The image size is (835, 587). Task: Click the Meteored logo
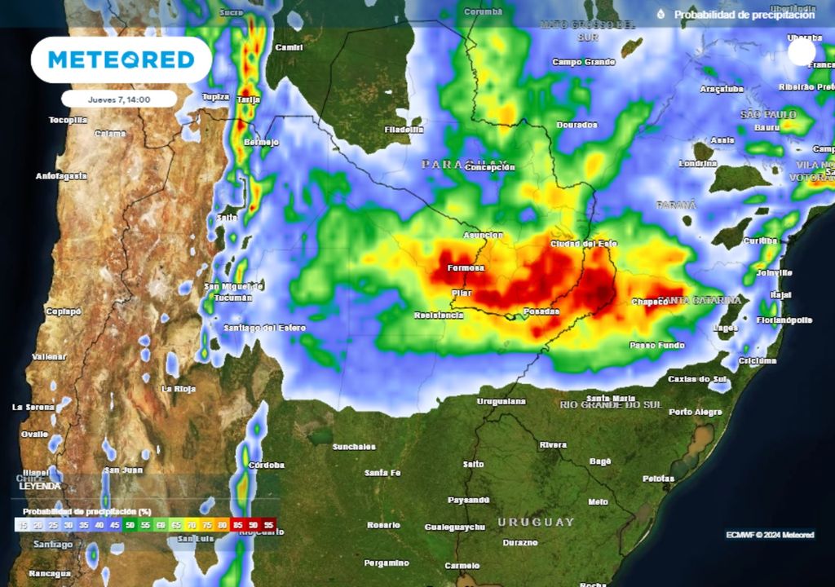pyautogui.click(x=121, y=60)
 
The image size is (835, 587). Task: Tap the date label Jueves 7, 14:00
pyautogui.click(x=119, y=99)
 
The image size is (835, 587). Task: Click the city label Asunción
pyautogui.click(x=484, y=236)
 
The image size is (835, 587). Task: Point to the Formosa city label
pyautogui.click(x=466, y=267)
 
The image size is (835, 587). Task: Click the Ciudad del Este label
pyautogui.click(x=584, y=244)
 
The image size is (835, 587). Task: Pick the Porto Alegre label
pyautogui.click(x=696, y=412)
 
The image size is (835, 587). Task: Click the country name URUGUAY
pyautogui.click(x=537, y=522)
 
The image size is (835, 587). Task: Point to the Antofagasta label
pyautogui.click(x=61, y=175)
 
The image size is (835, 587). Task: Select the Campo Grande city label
pyautogui.click(x=583, y=62)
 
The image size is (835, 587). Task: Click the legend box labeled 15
pyautogui.click(x=24, y=526)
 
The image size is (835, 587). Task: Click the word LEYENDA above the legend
pyautogui.click(x=39, y=485)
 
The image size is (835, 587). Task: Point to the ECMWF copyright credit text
pyautogui.click(x=770, y=535)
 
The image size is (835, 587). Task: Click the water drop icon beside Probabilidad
pyautogui.click(x=660, y=14)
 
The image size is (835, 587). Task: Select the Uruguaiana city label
pyautogui.click(x=501, y=401)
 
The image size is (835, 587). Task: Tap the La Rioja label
pyautogui.click(x=179, y=389)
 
